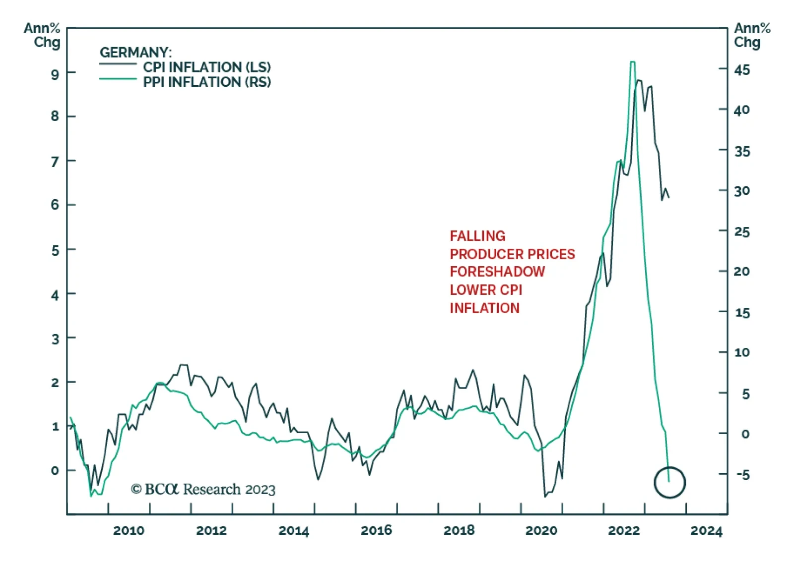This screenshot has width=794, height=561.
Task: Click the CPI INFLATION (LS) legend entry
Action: [x=207, y=67]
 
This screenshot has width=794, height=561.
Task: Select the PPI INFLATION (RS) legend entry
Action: [x=207, y=82]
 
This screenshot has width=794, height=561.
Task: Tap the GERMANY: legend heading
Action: [x=135, y=52]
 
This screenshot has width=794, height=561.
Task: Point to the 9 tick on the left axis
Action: [x=55, y=74]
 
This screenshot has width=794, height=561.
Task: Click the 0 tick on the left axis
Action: [x=55, y=470]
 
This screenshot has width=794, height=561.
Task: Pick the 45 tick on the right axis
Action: [x=742, y=70]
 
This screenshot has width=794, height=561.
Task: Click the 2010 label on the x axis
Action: [x=129, y=531]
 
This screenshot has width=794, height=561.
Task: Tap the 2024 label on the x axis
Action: [x=706, y=531]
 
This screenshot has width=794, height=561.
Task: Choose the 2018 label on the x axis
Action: [x=459, y=531]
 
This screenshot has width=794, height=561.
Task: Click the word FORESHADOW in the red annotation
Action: [x=497, y=272]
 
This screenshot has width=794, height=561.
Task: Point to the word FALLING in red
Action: [x=477, y=236]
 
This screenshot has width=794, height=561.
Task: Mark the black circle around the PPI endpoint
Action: [x=669, y=482]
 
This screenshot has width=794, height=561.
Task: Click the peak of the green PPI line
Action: [x=632, y=62]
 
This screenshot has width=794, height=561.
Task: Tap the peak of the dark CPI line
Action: [x=638, y=80]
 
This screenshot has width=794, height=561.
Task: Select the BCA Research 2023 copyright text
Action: [x=203, y=490]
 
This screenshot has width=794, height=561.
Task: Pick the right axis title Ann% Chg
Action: [x=752, y=35]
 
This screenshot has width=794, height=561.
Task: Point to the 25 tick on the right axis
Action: [x=742, y=232]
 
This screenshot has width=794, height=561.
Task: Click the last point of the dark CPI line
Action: [x=669, y=198]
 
